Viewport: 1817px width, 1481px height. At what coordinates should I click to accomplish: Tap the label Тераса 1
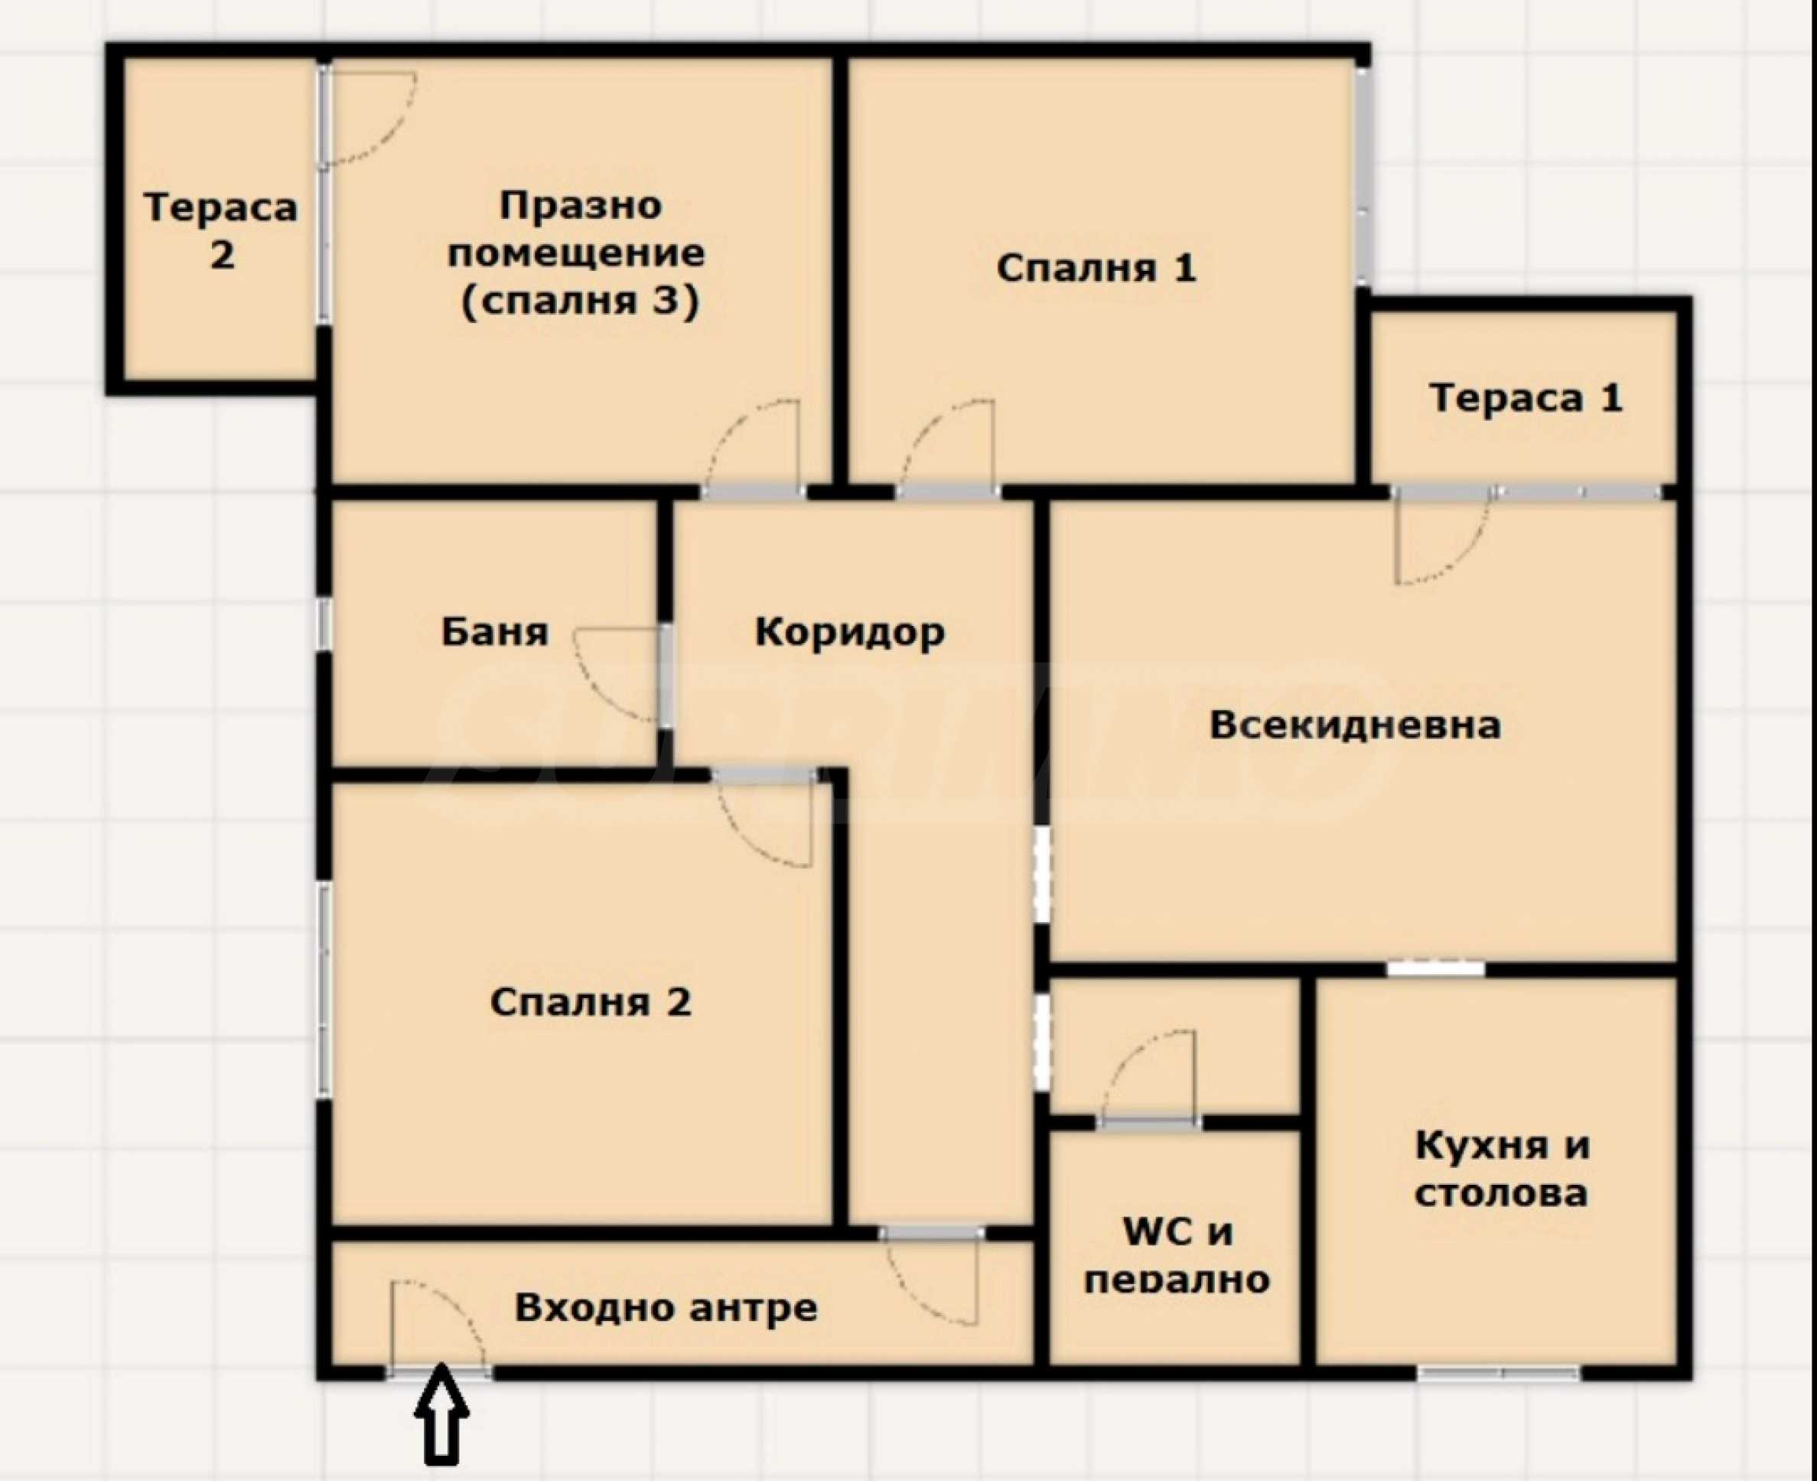(1526, 399)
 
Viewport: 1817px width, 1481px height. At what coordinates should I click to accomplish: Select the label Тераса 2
(221, 231)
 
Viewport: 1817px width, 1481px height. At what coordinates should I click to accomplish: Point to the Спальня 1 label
(1096, 269)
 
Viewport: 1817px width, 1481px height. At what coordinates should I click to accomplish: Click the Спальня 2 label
(591, 1003)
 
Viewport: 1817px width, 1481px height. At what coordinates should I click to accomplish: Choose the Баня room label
(494, 632)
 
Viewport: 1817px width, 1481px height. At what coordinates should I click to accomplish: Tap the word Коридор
(850, 632)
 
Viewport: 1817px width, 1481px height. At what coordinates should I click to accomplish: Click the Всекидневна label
(1355, 725)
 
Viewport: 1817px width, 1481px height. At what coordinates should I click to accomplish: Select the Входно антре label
(666, 1308)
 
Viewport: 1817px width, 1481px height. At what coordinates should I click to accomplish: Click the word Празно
(581, 206)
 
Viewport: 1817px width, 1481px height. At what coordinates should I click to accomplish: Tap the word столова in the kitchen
(1502, 1193)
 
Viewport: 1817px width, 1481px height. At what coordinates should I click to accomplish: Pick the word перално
(1177, 1280)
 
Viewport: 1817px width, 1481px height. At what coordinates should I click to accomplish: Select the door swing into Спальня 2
(766, 820)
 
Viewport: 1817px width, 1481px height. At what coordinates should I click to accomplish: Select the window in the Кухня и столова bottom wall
(1500, 1372)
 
